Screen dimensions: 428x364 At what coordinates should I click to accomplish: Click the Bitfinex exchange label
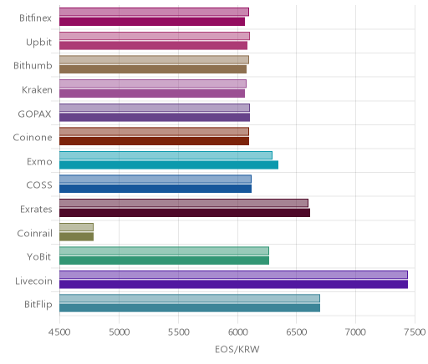35,18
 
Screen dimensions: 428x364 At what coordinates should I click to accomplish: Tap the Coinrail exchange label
34,233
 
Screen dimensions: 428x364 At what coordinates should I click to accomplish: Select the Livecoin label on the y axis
33,281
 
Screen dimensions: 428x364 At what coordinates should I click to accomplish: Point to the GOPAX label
34,114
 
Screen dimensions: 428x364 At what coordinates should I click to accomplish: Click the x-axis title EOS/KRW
237,349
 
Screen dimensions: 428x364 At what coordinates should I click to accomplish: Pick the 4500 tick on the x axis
59,332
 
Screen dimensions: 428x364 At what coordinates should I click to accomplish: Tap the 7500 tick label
415,332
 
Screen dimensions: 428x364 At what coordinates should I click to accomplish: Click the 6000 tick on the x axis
237,332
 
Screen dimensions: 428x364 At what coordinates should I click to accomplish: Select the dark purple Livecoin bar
233,285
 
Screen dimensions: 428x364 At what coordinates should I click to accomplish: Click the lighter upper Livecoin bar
233,275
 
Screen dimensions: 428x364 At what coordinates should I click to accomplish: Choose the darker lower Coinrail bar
76,237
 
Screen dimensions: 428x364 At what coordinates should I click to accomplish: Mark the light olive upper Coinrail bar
76,227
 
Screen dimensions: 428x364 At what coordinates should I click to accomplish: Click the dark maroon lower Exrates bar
185,213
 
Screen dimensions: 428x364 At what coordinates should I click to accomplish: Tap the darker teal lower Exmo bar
169,165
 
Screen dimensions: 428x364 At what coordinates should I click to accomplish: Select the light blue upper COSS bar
155,179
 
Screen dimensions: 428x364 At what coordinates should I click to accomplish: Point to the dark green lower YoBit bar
164,260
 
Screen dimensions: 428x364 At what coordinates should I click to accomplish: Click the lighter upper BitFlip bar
190,298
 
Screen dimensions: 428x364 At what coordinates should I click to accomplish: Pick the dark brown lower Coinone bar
154,141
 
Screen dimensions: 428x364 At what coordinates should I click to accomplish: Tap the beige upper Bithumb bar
154,60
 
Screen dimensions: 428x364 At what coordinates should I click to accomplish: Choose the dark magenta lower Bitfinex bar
152,22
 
